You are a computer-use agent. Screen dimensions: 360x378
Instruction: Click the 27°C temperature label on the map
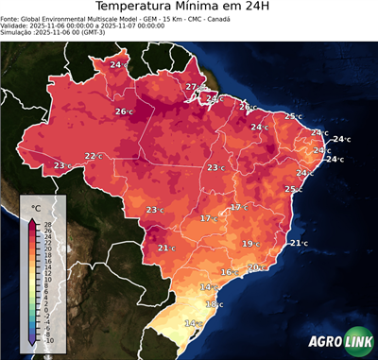pos(193,87)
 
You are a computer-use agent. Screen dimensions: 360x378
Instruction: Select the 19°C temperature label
pos(250,244)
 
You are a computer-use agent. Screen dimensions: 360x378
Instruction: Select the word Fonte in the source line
pos(11,23)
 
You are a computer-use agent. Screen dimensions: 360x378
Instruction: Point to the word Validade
pos(17,31)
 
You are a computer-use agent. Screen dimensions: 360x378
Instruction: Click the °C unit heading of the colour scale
pos(35,207)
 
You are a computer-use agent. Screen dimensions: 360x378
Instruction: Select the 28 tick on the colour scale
pos(47,223)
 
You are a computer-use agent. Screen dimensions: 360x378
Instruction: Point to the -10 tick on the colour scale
pos(48,340)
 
